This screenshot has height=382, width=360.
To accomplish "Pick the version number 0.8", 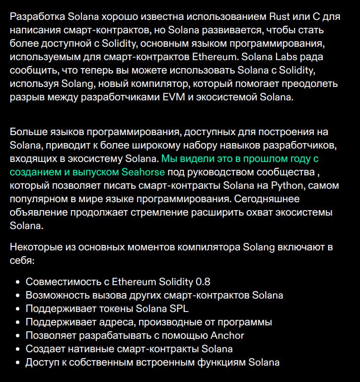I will click(203, 282).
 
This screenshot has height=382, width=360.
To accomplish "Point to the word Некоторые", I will click(36, 247).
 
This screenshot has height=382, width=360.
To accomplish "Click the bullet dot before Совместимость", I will click(18, 282).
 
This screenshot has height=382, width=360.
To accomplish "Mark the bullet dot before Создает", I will click(18, 349).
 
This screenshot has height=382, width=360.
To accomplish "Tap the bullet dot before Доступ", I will click(18, 363).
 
